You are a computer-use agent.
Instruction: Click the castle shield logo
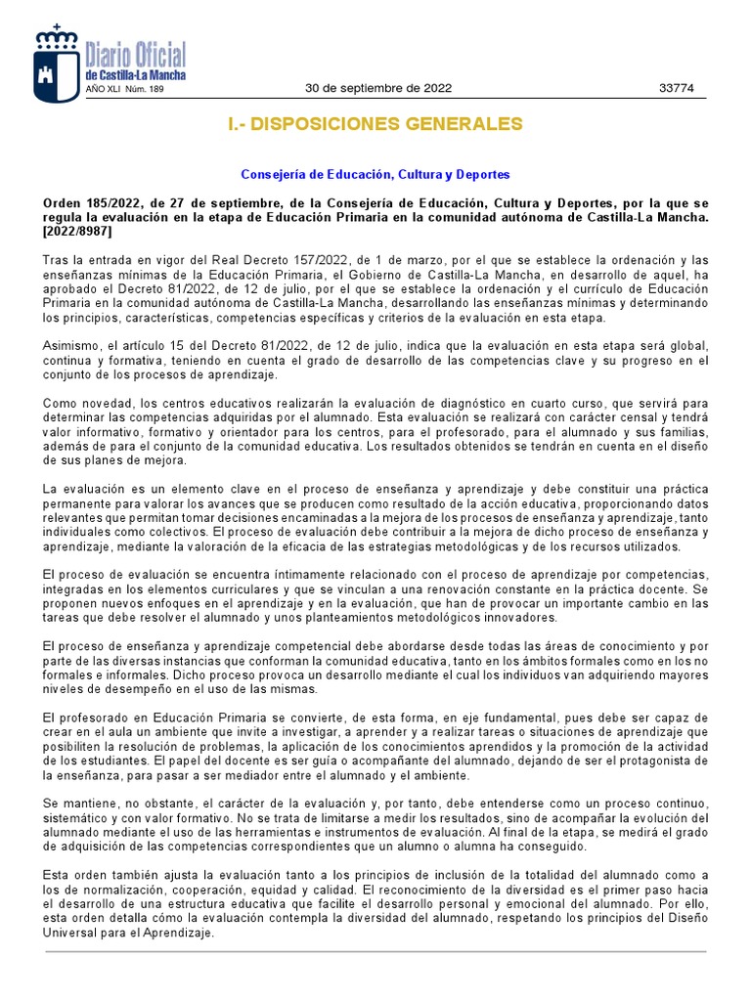[57, 64]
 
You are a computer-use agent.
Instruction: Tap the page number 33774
[676, 88]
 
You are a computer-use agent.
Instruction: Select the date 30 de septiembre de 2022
[378, 88]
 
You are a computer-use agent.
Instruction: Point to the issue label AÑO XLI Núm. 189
[126, 89]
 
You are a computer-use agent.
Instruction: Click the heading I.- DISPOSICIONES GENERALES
[375, 125]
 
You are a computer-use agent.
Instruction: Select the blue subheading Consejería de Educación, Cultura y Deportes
[375, 175]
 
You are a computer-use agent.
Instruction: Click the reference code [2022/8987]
[78, 232]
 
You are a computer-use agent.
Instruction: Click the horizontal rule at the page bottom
[375, 951]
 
